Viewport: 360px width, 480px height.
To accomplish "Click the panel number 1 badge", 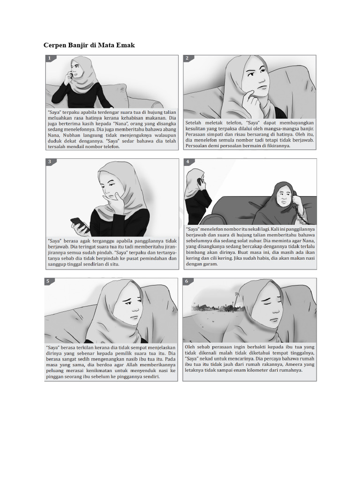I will point(49,59).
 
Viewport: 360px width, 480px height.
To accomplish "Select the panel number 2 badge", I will point(187,59).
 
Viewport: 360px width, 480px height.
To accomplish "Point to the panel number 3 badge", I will point(49,162).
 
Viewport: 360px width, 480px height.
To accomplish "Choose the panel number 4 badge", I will point(187,162).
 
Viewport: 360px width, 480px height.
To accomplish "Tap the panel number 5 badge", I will point(49,282).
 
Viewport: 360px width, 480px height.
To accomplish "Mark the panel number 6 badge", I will point(187,282).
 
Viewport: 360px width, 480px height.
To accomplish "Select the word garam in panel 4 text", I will point(210,264).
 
